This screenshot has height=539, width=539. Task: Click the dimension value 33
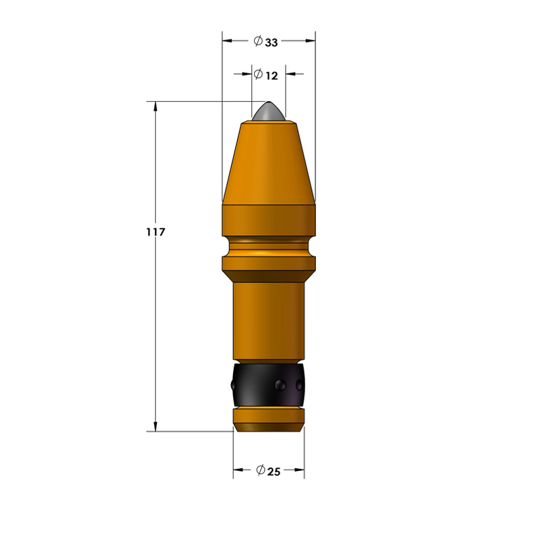(x=272, y=42)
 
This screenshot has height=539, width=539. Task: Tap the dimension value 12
(x=272, y=75)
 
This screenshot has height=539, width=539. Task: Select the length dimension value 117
(x=156, y=232)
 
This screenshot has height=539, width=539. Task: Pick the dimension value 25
(x=274, y=472)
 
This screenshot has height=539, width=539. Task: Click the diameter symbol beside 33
(x=258, y=41)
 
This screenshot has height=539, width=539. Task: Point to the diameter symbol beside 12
(x=259, y=74)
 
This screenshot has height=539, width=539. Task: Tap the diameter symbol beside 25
(x=261, y=469)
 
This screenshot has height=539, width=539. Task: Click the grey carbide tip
(x=268, y=111)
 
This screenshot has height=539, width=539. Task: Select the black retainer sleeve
(x=268, y=385)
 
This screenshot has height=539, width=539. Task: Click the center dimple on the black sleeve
(x=280, y=384)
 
